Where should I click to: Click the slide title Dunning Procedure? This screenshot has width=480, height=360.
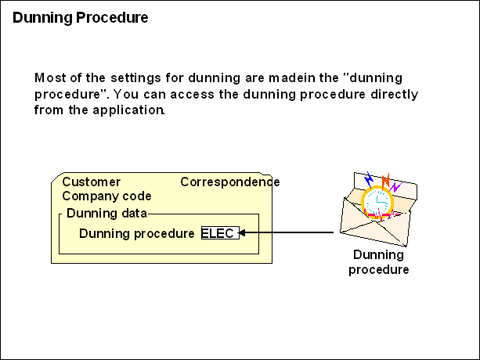[80, 17]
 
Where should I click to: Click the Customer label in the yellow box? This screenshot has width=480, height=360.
[91, 182]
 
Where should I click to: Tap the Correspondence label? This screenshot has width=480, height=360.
[229, 182]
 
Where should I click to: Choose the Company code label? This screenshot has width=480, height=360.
[106, 196]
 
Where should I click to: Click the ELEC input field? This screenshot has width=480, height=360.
[218, 233]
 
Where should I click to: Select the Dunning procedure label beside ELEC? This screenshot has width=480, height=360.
[136, 233]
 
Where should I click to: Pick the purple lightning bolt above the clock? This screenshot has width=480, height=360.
[396, 186]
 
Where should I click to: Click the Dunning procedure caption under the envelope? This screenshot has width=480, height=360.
[378, 262]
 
